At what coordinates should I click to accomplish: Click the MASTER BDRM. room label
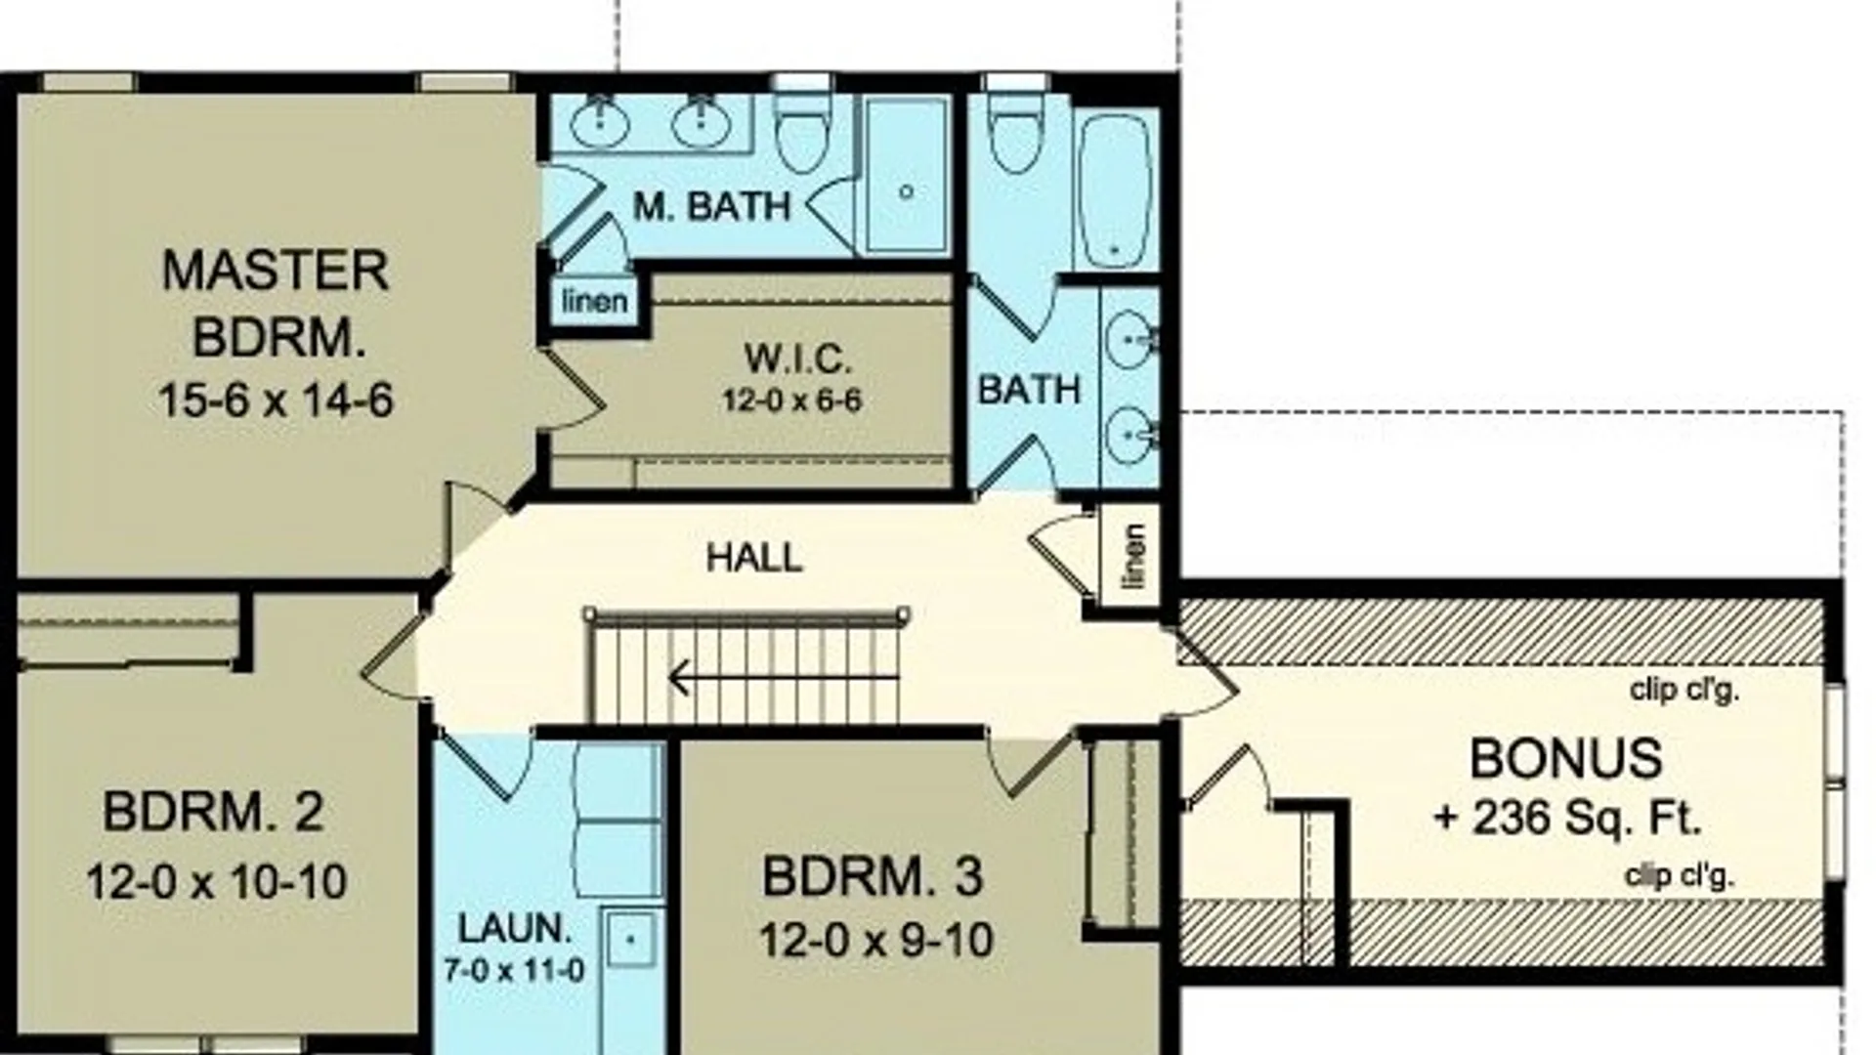click(x=276, y=304)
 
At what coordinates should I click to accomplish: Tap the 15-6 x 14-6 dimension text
click(x=276, y=401)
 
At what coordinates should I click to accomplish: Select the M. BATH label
click(x=711, y=207)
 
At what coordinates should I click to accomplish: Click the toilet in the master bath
click(x=803, y=133)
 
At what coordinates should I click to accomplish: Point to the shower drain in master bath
click(x=907, y=191)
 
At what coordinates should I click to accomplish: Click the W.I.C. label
click(x=797, y=359)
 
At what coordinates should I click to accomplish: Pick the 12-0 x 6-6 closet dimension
click(x=791, y=401)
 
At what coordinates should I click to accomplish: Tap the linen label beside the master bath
click(x=594, y=301)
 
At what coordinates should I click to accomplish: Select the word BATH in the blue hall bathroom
click(x=1029, y=391)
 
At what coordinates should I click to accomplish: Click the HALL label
click(x=754, y=558)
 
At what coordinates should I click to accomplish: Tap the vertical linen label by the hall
click(x=1133, y=556)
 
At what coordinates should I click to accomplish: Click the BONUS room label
click(x=1565, y=759)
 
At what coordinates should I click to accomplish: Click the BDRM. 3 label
click(x=873, y=877)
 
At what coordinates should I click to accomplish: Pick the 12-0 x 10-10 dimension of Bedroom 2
click(x=217, y=882)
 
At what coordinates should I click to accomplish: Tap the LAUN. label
click(x=515, y=929)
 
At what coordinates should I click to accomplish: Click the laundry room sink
click(x=630, y=939)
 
